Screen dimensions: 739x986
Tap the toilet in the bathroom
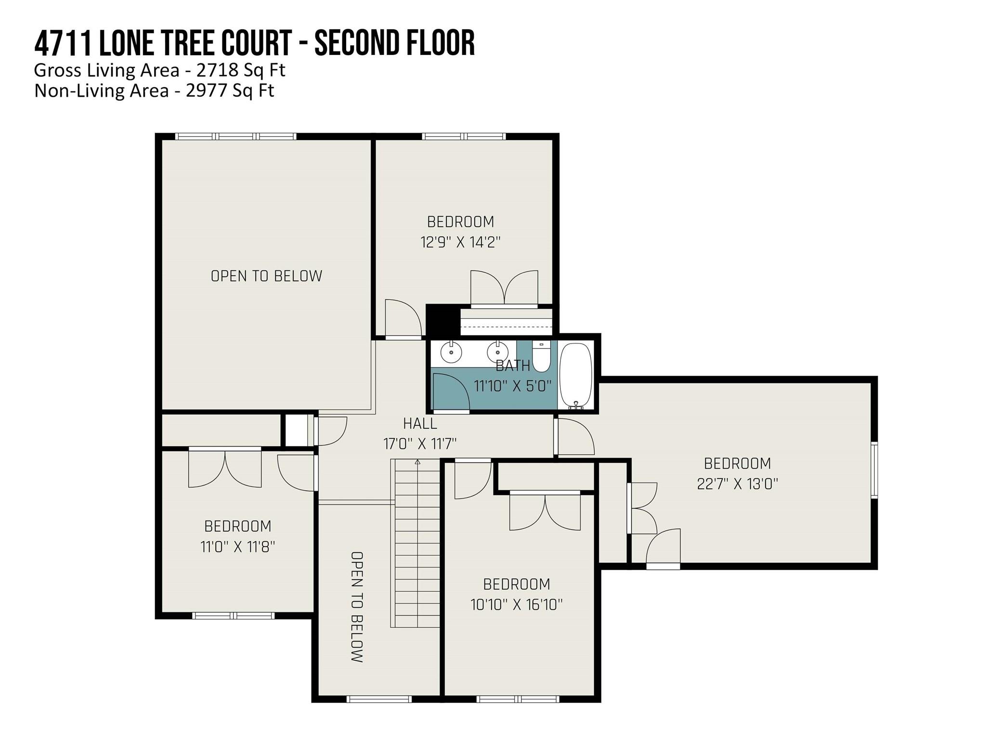542,357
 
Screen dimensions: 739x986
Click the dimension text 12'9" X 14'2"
461,242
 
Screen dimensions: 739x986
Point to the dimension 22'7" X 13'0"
737,484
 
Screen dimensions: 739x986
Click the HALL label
420,423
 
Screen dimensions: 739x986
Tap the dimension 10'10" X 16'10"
516,604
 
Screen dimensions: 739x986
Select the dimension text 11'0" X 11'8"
237,547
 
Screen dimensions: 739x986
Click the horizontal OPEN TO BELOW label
266,276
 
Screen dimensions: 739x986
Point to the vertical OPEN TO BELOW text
357,607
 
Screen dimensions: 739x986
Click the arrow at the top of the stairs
417,462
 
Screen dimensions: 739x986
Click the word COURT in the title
257,43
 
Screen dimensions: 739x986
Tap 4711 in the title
64,43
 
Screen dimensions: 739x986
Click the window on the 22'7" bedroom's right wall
874,469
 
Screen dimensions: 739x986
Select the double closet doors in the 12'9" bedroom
504,289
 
